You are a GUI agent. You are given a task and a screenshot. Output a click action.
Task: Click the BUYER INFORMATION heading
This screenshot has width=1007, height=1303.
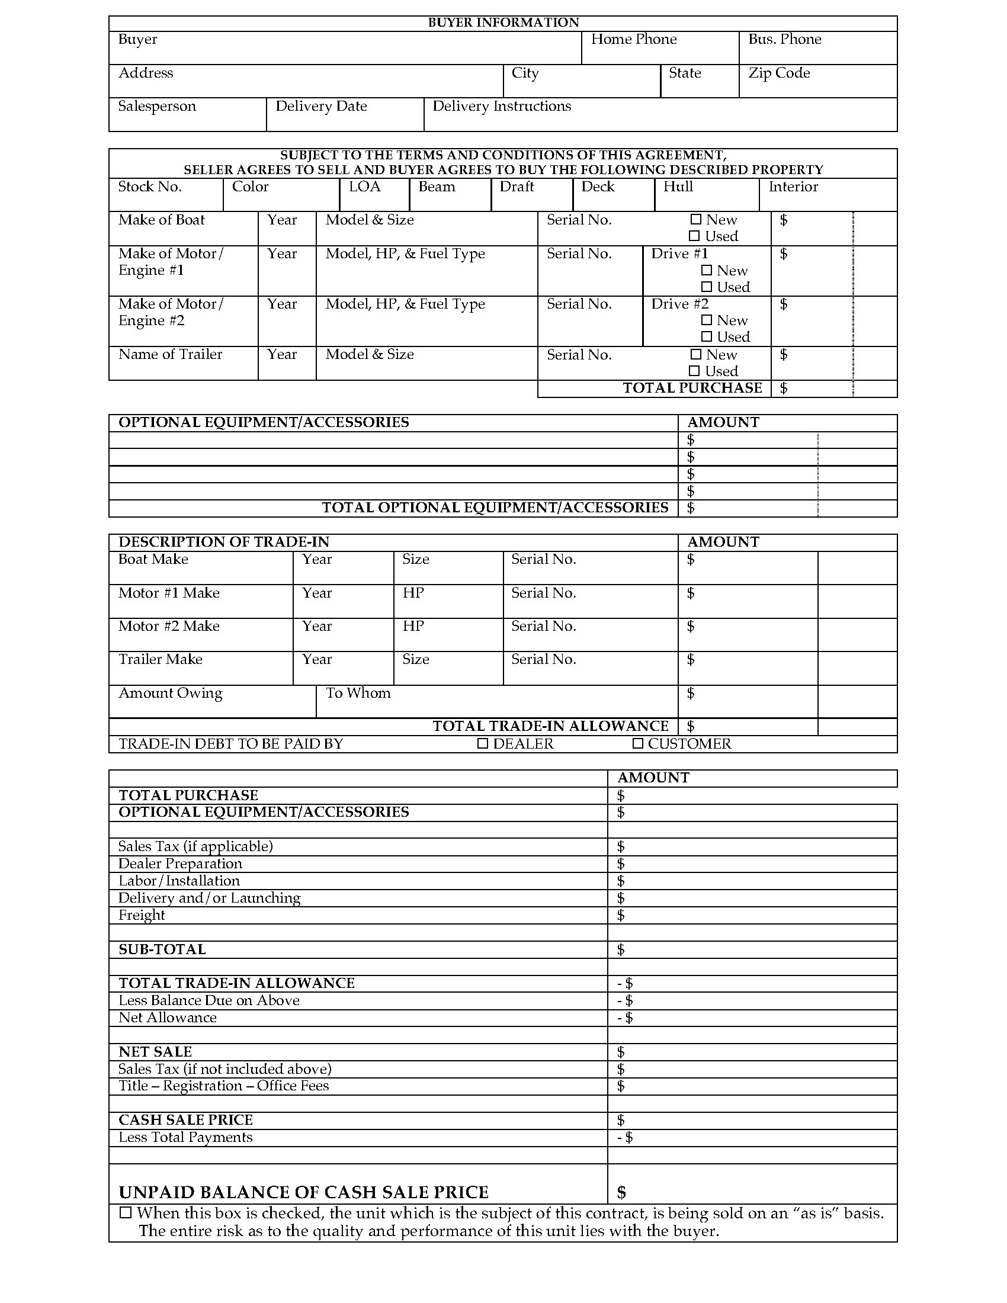503,23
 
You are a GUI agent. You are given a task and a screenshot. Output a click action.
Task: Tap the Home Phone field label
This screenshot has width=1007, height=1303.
634,39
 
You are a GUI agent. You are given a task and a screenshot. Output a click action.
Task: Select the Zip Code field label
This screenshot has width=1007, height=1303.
778,73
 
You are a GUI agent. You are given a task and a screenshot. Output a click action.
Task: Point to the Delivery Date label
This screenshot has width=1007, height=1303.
321,106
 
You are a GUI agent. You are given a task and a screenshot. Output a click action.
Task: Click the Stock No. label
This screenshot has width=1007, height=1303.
150,187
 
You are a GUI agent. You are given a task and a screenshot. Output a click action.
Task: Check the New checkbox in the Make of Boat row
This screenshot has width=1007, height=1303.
695,220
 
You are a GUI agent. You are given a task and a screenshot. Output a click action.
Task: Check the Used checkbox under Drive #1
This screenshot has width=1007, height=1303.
707,287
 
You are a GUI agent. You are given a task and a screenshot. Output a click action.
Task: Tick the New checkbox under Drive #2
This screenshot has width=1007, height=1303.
707,320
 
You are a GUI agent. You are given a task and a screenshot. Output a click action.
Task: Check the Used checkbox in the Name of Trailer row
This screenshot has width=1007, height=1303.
694,371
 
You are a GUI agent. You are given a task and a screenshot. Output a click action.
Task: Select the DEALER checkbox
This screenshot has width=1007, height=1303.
483,743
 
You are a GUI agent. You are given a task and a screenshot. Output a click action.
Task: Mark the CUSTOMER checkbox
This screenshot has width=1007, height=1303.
638,743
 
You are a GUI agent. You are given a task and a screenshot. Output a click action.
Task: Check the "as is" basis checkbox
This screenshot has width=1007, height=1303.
125,1213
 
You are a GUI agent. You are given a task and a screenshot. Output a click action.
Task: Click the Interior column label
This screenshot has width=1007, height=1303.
793,187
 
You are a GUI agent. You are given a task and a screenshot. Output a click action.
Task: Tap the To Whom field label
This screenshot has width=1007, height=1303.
358,693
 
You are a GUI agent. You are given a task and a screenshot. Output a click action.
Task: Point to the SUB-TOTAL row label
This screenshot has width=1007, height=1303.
162,949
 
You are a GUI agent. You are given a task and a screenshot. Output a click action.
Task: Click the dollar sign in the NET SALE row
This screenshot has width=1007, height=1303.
621,1051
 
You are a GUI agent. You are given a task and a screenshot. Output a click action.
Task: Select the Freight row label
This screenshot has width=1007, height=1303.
142,914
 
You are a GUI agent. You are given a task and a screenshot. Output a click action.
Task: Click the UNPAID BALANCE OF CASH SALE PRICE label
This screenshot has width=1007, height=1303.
303,1192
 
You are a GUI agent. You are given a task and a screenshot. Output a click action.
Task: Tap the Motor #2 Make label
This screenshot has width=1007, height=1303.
169,626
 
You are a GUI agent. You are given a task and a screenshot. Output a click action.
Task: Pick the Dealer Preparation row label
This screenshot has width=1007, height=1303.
180,864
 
